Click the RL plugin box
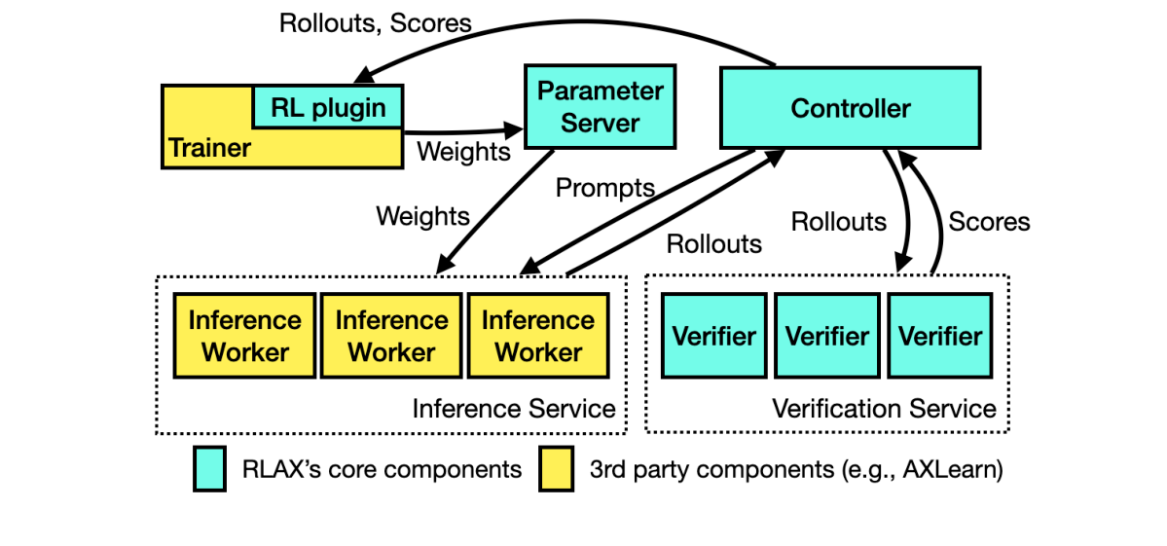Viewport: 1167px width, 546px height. pos(328,107)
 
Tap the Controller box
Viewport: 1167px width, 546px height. pos(850,107)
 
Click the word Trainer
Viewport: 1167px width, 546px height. pos(209,148)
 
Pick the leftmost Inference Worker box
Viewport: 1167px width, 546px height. pos(244,336)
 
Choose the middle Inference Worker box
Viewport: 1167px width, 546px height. pos(391,336)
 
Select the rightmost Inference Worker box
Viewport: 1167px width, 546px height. pos(538,336)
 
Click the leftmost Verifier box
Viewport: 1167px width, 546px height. pos(714,336)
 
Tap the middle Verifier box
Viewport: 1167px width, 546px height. pos(827,336)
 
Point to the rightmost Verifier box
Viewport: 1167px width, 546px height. pos(940,336)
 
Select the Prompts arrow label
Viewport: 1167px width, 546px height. pos(604,188)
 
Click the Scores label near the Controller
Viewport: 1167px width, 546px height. pos(989,222)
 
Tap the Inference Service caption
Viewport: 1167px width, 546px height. pos(514,409)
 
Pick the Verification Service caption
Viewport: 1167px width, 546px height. pos(884,409)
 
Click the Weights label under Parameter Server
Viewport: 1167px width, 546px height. pos(422,215)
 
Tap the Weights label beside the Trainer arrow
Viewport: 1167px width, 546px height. pos(463,152)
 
